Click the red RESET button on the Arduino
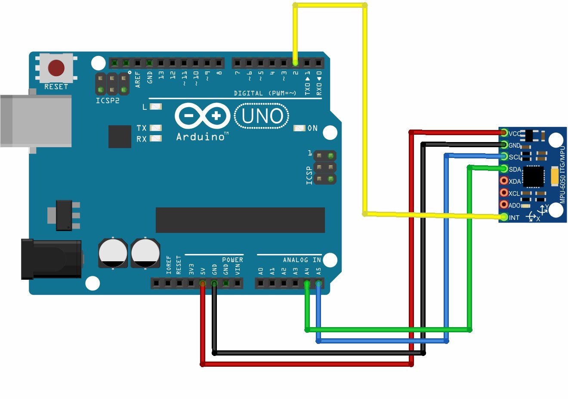56,68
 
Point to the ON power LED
299,128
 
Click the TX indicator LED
155,128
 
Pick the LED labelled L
155,106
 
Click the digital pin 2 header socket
295,63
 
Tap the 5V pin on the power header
203,283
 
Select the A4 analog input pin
307,283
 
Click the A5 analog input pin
318,283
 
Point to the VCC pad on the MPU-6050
504,133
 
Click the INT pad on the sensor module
504,217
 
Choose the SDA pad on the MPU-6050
504,169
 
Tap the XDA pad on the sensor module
504,181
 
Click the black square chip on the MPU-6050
533,176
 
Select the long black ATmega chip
240,220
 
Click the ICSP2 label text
108,101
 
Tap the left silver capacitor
113,253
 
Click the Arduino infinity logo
203,116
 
